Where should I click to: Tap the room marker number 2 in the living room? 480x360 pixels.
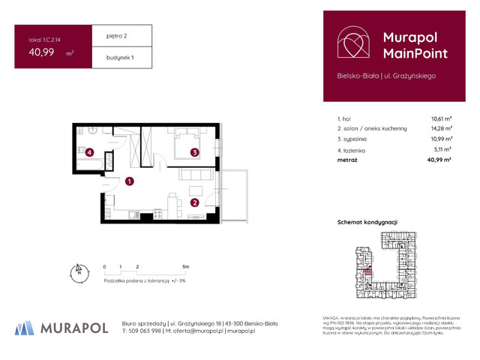coord(193,202)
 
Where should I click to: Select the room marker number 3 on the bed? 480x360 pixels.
coord(193,153)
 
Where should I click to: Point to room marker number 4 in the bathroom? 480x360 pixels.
coord(89,153)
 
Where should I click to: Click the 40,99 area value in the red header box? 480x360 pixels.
coord(43,52)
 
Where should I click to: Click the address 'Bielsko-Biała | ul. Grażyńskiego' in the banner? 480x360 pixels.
coord(386,76)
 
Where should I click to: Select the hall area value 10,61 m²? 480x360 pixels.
coord(441,118)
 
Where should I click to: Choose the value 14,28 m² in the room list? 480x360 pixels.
coord(441,129)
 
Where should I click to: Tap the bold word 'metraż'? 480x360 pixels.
coord(348,160)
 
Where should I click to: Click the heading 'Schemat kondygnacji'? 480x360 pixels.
coord(367,222)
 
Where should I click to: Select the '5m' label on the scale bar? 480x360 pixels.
coord(185,266)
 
